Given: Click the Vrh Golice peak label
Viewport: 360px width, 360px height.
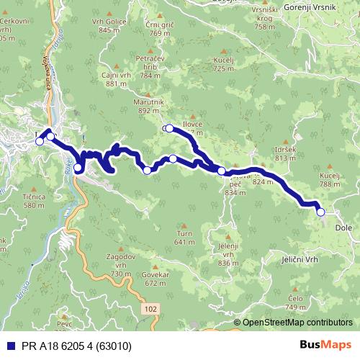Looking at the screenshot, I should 105,26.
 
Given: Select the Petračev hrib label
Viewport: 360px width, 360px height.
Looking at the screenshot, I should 150,63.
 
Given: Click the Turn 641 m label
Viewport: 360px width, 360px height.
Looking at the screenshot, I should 185,238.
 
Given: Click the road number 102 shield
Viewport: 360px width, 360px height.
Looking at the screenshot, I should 149,308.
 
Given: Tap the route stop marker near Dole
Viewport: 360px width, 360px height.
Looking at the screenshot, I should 320,212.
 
